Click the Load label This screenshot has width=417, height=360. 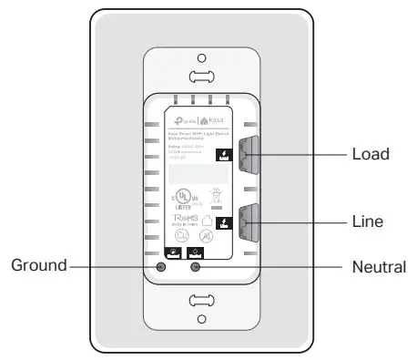point(371,154)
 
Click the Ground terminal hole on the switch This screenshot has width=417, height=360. point(162,267)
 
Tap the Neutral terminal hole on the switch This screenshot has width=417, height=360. point(193,267)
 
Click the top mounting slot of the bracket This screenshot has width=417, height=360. point(201,78)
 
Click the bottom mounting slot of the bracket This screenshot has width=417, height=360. point(201,301)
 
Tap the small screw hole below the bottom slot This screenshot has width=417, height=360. point(201,319)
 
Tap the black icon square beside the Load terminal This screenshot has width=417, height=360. point(223,154)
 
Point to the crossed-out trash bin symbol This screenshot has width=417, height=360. point(217,194)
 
